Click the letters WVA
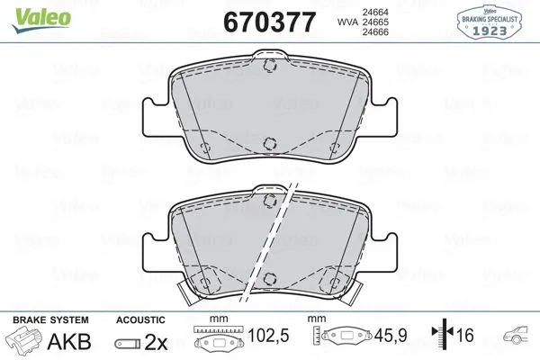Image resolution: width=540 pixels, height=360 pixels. (x=324, y=22)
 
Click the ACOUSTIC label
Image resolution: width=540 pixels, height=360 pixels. (x=140, y=319)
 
